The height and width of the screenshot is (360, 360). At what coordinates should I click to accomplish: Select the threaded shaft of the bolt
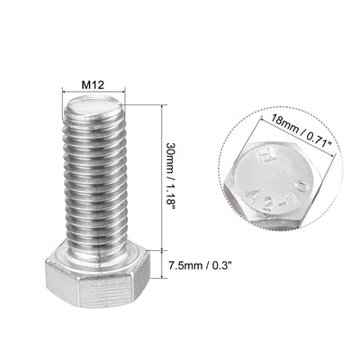[x=98, y=180]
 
